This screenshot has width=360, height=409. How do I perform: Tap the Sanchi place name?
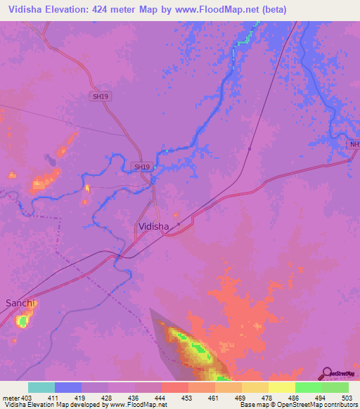[x=20, y=303]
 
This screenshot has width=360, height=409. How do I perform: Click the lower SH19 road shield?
[x=141, y=167]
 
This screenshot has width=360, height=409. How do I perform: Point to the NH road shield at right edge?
[x=354, y=144]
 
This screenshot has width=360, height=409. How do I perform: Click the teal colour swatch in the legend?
[x=41, y=387]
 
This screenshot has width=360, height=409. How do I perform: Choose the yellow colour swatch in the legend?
[x=281, y=387]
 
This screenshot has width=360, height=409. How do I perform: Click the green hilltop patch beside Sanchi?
[x=22, y=320]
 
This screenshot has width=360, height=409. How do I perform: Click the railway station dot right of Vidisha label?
[x=179, y=224]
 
